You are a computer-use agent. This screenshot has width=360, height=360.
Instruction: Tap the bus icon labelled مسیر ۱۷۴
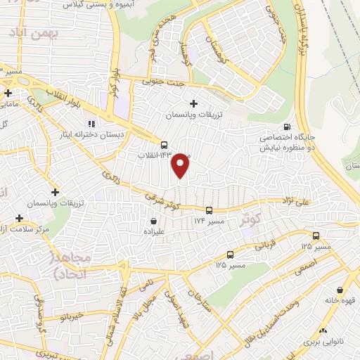[209, 210]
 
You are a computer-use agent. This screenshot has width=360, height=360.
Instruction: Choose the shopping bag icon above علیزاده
[163, 221]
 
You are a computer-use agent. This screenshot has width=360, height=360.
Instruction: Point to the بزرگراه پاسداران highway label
[300, 28]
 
